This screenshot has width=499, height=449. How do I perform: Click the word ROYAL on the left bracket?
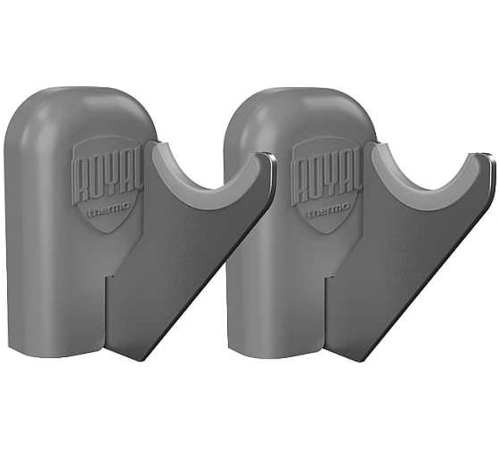point(108,179)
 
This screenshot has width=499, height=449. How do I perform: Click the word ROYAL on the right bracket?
point(327,179)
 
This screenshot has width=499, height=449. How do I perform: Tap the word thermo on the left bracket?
point(109,210)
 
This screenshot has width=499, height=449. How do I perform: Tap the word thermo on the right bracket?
point(329,210)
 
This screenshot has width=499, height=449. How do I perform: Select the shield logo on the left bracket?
point(108,184)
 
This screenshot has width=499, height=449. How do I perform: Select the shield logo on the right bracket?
point(327,184)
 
